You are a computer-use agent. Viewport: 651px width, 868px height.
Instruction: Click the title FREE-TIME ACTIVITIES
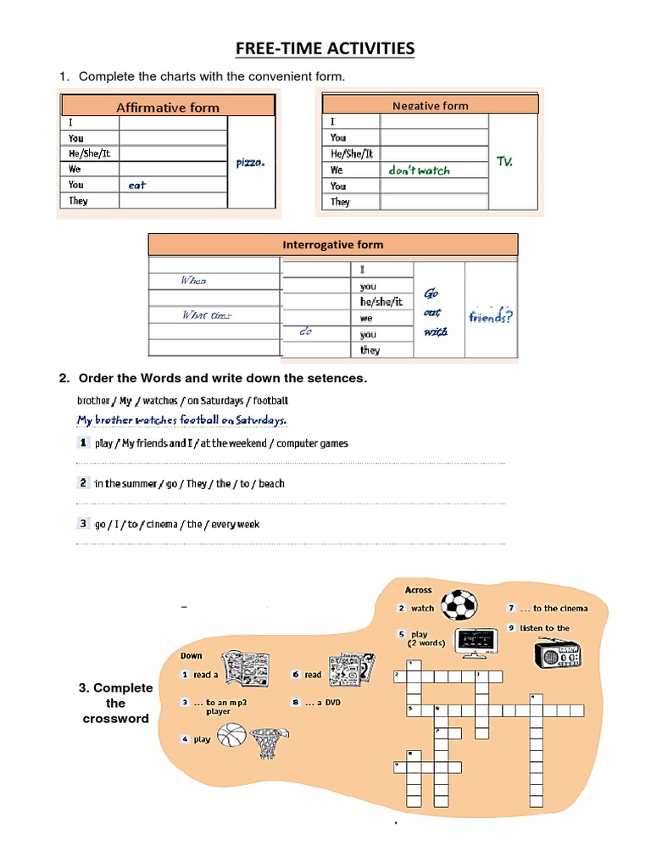pos(325,48)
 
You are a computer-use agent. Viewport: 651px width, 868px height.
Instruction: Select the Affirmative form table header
pos(167,107)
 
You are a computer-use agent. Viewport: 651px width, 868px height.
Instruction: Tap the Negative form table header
pos(430,105)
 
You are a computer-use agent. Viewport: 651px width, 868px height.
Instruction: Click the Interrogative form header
pos(332,245)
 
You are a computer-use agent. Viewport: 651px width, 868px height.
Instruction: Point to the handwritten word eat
pos(137,185)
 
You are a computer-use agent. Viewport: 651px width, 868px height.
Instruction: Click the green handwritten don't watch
pos(419,170)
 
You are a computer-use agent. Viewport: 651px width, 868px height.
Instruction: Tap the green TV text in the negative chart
pos(504,161)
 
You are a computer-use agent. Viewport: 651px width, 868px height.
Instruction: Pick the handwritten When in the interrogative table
pos(193,281)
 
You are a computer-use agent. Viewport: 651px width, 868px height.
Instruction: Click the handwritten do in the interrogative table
pos(306,333)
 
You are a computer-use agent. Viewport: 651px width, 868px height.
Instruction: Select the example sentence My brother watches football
pos(181,420)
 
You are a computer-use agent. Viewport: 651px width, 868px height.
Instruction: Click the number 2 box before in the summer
pos(83,482)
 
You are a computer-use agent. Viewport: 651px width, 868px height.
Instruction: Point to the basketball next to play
pos(231,735)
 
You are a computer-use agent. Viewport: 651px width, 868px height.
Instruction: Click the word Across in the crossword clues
pos(418,590)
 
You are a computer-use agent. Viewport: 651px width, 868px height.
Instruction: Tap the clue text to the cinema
pos(559,608)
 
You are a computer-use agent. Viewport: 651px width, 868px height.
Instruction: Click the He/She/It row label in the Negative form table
pos(351,153)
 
